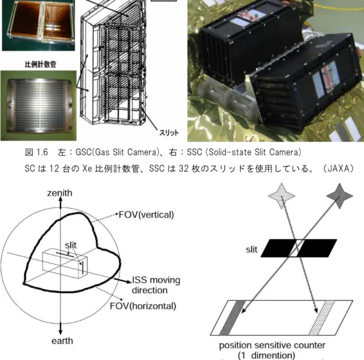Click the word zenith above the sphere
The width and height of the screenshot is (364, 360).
(x=59, y=193)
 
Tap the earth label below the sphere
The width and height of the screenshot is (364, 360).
(x=62, y=341)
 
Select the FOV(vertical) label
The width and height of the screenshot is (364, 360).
(x=146, y=215)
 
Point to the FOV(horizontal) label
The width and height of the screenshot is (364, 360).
(x=143, y=306)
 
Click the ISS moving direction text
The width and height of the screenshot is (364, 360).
(x=156, y=285)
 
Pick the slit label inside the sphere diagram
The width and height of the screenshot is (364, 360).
(x=70, y=245)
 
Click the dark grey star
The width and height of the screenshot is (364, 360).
(x=340, y=196)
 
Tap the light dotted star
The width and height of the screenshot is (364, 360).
(x=281, y=196)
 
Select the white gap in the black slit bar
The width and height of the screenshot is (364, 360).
(x=297, y=248)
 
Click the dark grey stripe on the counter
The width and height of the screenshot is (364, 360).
(x=232, y=318)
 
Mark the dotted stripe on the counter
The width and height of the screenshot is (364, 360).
(x=322, y=318)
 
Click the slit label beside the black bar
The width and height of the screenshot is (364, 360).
(x=252, y=250)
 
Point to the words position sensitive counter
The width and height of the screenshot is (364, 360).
(x=272, y=345)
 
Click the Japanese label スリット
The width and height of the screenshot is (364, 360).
(x=169, y=132)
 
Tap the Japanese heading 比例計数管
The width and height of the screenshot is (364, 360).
(x=41, y=64)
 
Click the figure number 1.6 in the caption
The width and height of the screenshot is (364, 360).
(x=42, y=152)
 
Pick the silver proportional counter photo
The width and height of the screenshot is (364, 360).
(x=39, y=106)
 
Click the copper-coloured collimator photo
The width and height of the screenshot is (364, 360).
(x=39, y=25)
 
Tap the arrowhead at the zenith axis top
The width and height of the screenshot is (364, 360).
(x=60, y=202)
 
